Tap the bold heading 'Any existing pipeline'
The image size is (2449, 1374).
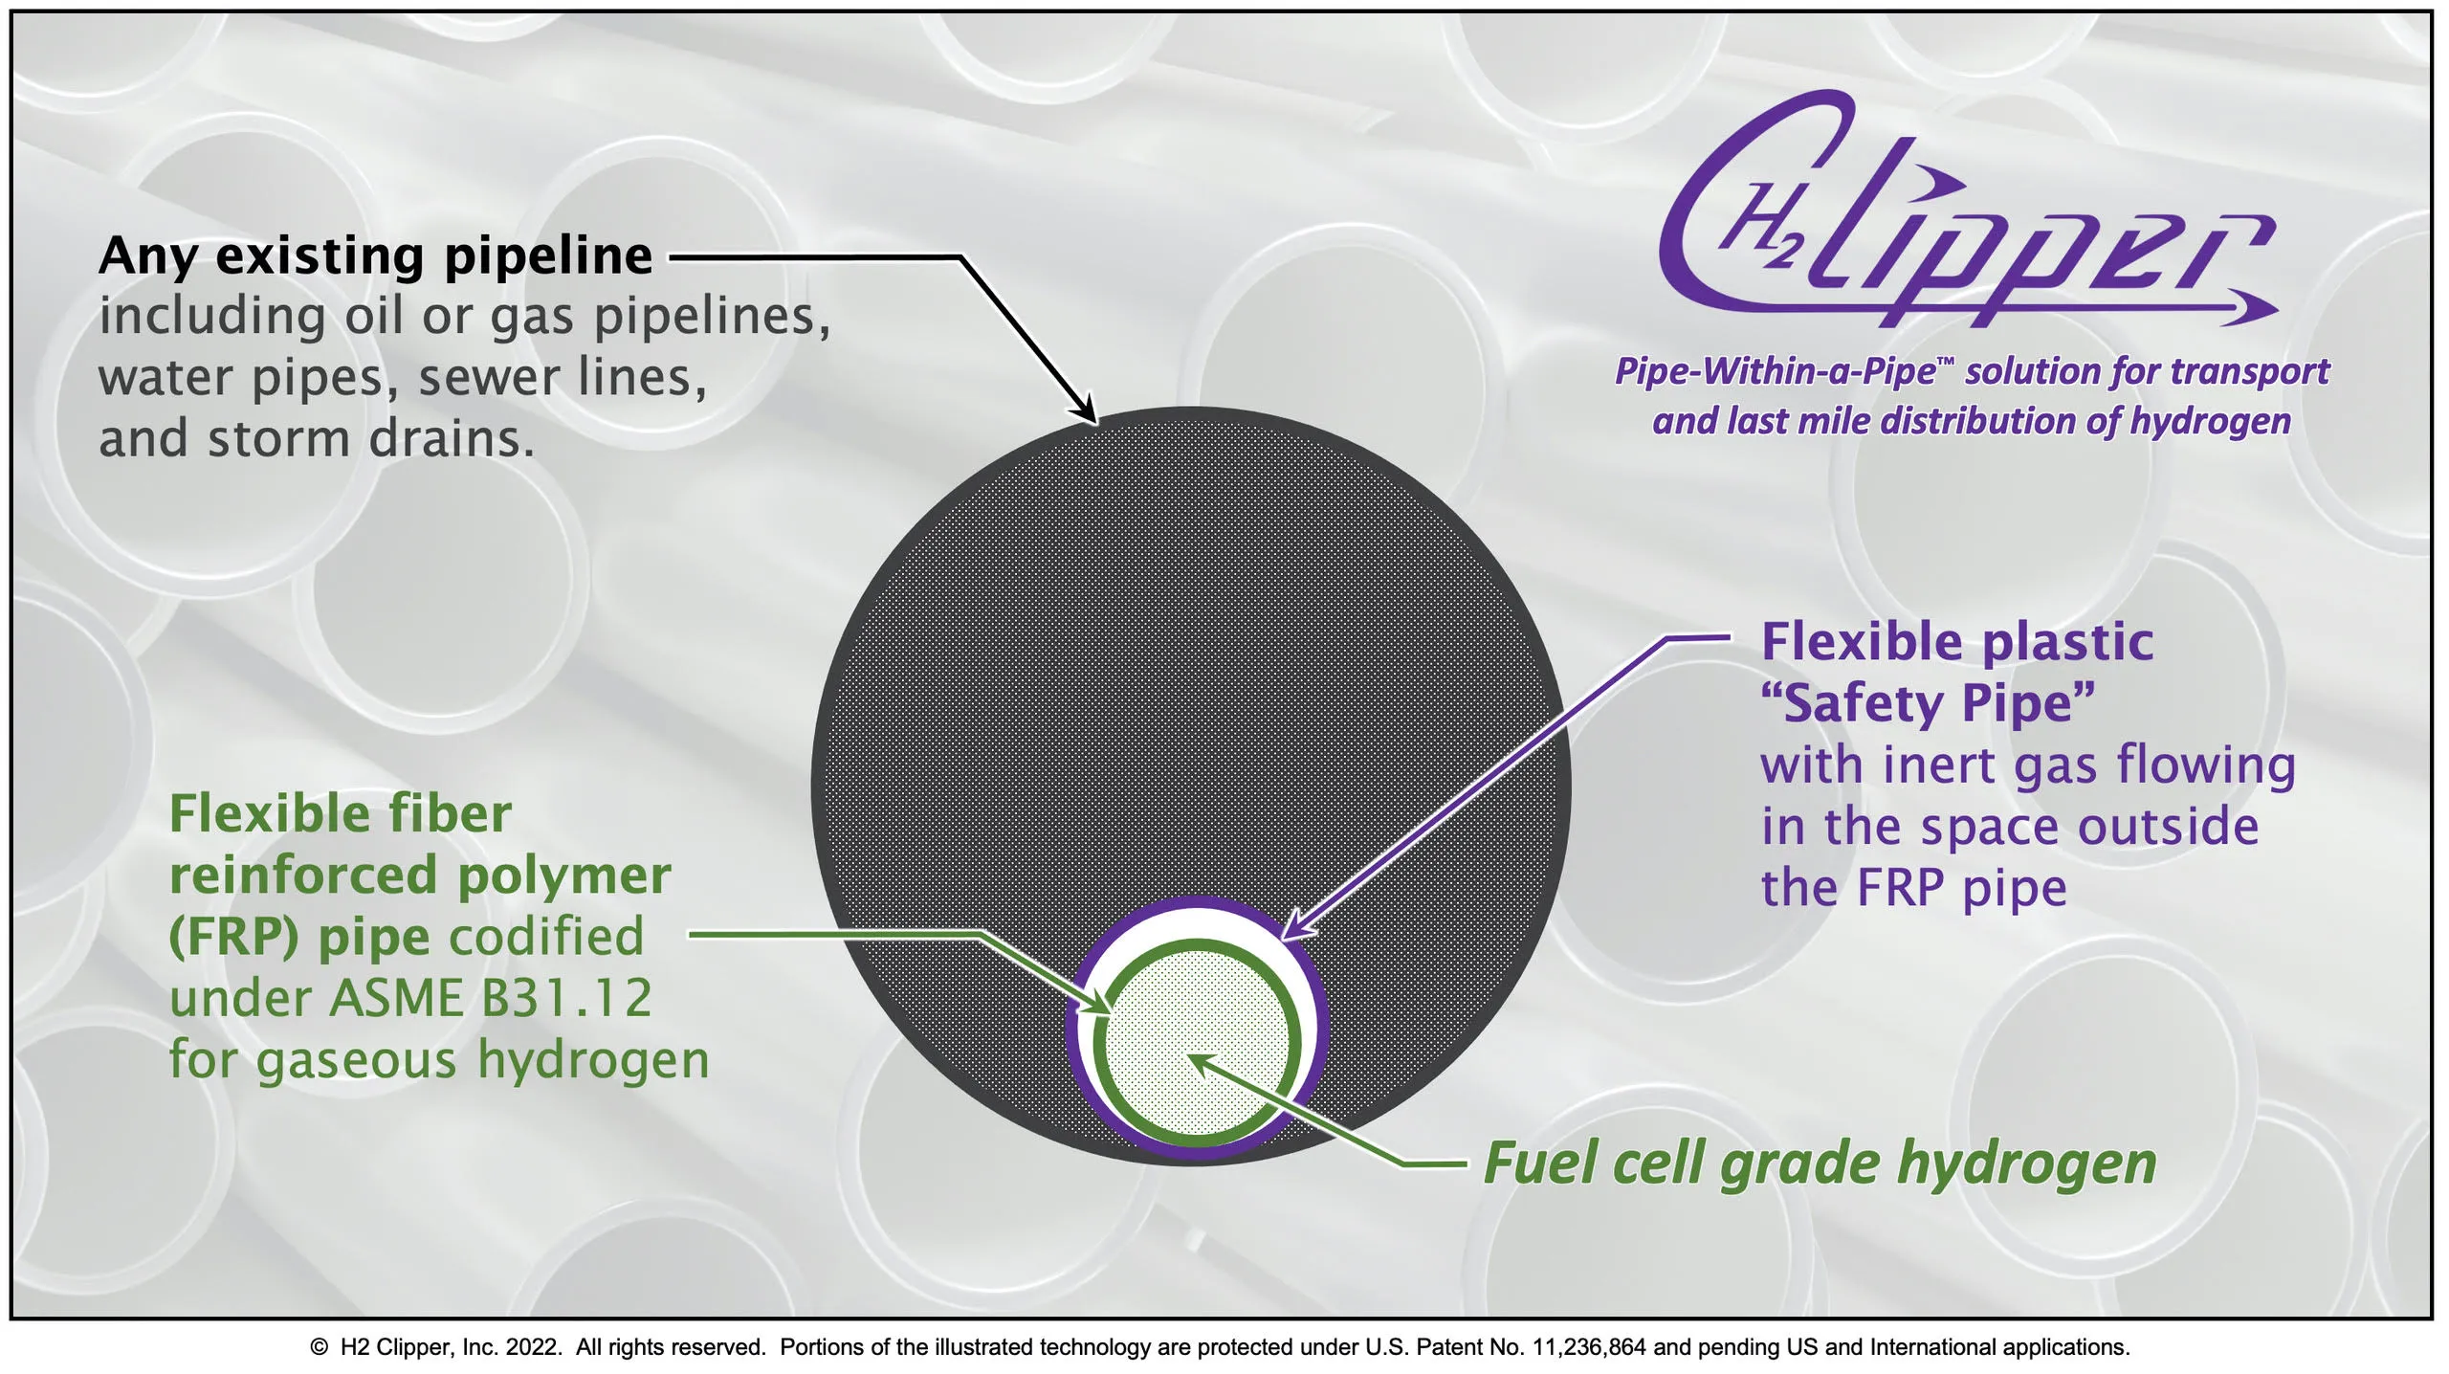[x=376, y=256]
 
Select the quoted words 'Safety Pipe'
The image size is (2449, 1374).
[x=1928, y=704]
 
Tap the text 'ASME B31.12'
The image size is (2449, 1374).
[x=491, y=998]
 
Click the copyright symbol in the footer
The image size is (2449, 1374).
[x=320, y=1347]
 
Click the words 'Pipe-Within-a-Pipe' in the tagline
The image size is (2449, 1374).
[x=1776, y=371]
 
